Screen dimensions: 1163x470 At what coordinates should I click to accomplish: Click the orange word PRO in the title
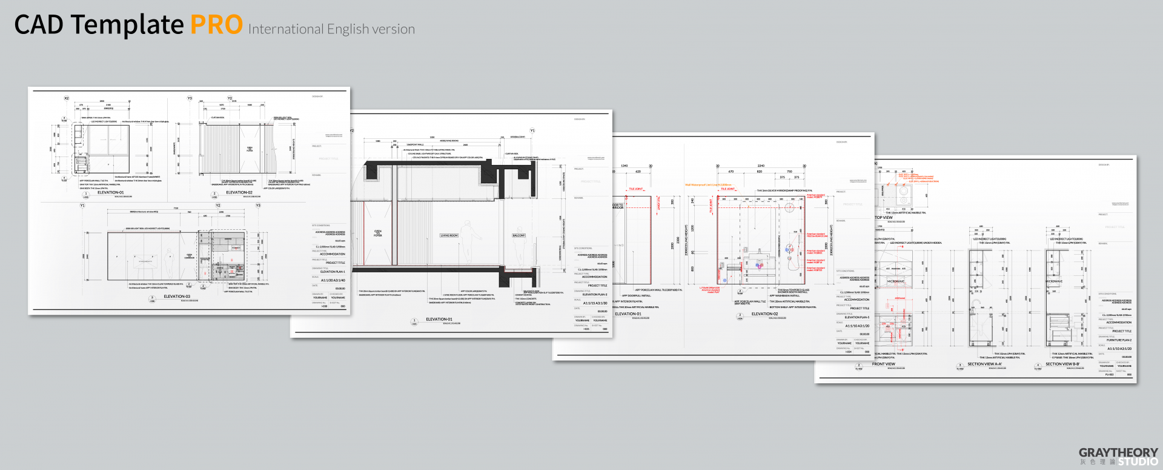[216, 25]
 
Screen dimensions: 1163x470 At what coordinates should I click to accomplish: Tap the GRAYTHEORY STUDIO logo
[1118, 457]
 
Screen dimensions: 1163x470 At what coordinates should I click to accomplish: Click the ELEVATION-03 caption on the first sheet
[177, 297]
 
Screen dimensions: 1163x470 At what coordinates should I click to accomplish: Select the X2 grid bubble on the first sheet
[67, 98]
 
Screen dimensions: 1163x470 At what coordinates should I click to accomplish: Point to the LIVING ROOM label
[449, 235]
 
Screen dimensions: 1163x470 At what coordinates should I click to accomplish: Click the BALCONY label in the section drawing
[519, 235]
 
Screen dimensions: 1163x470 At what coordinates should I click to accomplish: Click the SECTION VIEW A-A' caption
[984, 364]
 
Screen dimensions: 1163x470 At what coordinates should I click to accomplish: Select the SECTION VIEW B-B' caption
[1062, 364]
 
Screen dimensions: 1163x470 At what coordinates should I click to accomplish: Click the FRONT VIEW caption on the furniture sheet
[883, 364]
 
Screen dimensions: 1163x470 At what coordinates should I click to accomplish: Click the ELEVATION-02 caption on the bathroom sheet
[764, 314]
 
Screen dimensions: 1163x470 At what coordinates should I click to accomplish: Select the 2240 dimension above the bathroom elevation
[761, 166]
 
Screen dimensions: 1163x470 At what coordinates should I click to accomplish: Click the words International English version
[331, 29]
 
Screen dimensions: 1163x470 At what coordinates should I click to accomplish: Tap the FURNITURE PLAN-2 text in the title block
[1119, 340]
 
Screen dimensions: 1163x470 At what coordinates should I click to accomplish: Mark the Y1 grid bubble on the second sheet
[532, 130]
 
